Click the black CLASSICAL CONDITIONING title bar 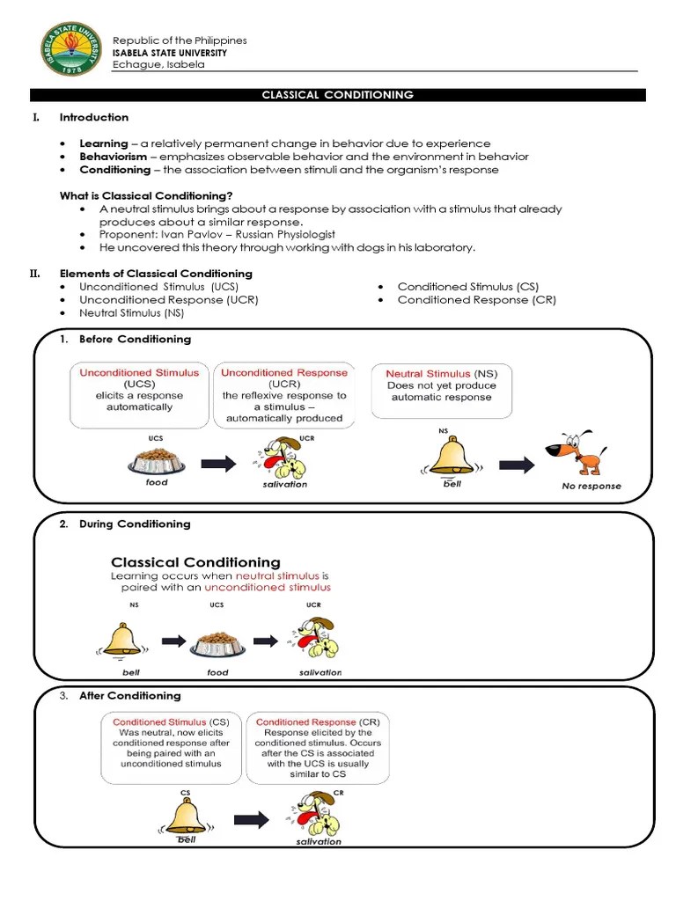pos(338,95)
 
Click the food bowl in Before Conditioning pos(157,460)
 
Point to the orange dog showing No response pos(577,454)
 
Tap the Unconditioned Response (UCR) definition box pos(284,394)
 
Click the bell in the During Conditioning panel pos(121,641)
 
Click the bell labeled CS pos(186,815)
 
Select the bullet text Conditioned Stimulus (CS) pos(467,287)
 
